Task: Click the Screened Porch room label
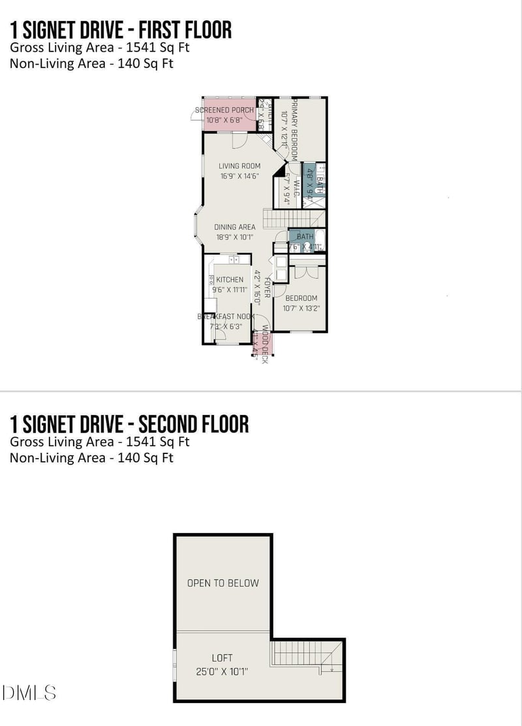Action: [224, 110]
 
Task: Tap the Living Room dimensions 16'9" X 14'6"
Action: [239, 176]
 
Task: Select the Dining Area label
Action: [235, 227]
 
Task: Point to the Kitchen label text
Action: [230, 280]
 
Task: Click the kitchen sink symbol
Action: [233, 260]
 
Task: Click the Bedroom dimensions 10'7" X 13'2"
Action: [301, 308]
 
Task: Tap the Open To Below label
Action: [223, 583]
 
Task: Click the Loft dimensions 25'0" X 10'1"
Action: [222, 671]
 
